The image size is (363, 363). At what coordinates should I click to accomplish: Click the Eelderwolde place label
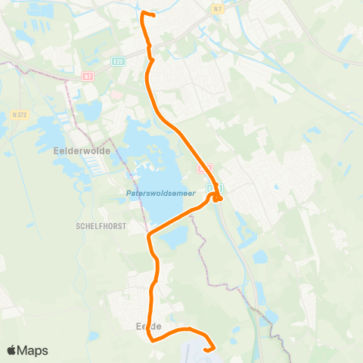coord(82,150)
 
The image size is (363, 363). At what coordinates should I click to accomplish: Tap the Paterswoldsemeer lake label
coord(160,194)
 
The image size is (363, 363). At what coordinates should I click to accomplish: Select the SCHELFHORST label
coord(100,225)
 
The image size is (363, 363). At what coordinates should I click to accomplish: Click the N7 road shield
coord(219,8)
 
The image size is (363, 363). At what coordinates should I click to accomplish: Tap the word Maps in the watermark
coord(34,350)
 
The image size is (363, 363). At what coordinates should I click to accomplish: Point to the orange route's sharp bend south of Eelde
coord(154,340)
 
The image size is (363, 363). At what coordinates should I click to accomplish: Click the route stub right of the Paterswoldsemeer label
coord(218,199)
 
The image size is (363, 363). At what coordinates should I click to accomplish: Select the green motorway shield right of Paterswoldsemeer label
coord(212,188)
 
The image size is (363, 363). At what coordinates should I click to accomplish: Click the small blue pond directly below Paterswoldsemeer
coord(172,239)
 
